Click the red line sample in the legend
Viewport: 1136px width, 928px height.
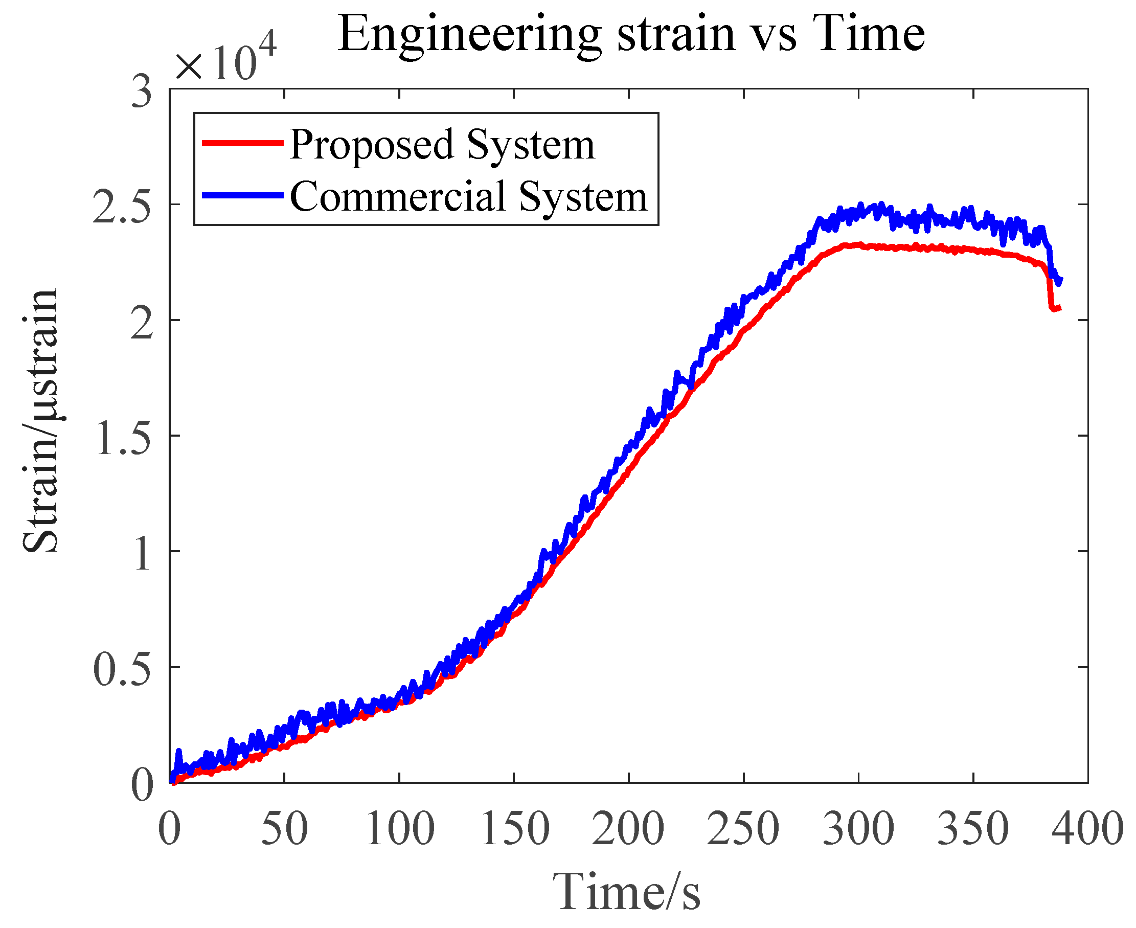click(x=242, y=143)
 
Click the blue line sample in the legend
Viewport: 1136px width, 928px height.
click(x=242, y=195)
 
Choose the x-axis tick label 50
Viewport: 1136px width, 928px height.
click(x=284, y=828)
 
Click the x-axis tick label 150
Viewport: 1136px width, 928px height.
click(x=514, y=828)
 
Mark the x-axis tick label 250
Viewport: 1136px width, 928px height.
click(x=743, y=828)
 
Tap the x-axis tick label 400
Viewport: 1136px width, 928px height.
click(x=1087, y=828)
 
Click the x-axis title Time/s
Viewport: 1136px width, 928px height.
click(x=626, y=891)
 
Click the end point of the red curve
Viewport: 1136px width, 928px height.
click(x=1059, y=308)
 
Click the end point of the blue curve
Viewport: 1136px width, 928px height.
click(x=1060, y=280)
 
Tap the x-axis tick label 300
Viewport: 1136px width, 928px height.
click(x=858, y=828)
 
